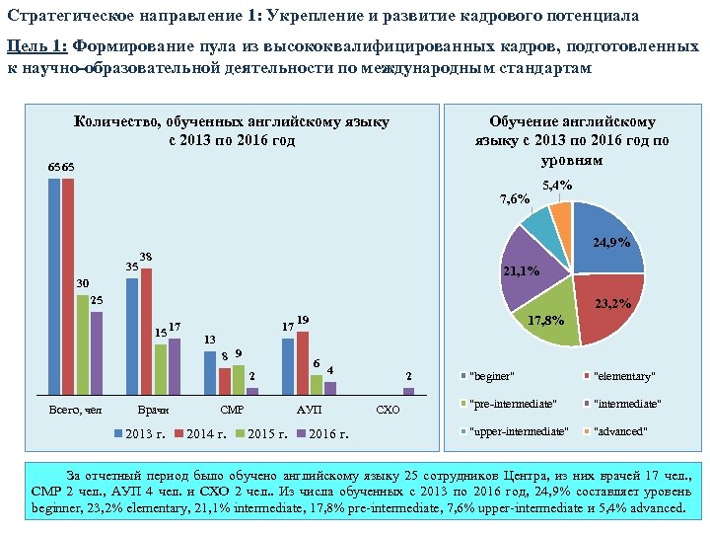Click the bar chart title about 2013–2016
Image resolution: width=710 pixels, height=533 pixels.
232,130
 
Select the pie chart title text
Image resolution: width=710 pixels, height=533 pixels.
572,140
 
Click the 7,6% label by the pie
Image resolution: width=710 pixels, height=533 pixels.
515,199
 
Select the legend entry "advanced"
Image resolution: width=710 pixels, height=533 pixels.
618,431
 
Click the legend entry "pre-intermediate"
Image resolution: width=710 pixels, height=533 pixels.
513,404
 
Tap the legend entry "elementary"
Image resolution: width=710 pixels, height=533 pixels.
623,376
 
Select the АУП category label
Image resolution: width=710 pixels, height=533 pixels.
309,409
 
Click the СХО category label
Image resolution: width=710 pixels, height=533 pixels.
389,409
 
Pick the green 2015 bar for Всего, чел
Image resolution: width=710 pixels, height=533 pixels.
83,344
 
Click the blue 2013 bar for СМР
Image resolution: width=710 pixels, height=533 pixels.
209,372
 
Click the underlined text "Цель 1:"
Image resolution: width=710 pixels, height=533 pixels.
36,46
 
